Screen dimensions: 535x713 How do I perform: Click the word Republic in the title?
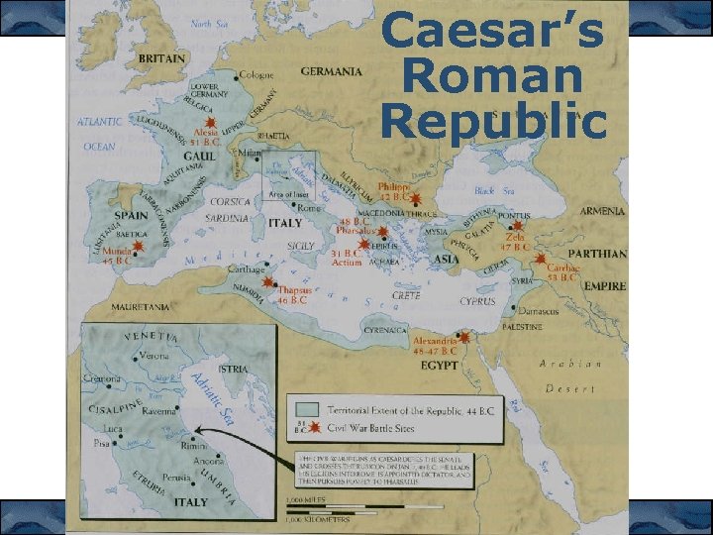pos(493,121)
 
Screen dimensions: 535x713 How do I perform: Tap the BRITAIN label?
pos(160,59)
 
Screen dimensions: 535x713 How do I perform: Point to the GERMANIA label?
pos(331,71)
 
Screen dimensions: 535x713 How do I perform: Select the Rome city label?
pos(308,207)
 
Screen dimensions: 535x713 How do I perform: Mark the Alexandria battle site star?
pos(463,337)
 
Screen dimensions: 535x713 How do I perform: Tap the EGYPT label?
pos(439,366)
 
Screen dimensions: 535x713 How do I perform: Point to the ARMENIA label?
pos(602,211)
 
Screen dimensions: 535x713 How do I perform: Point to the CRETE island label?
pos(406,295)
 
